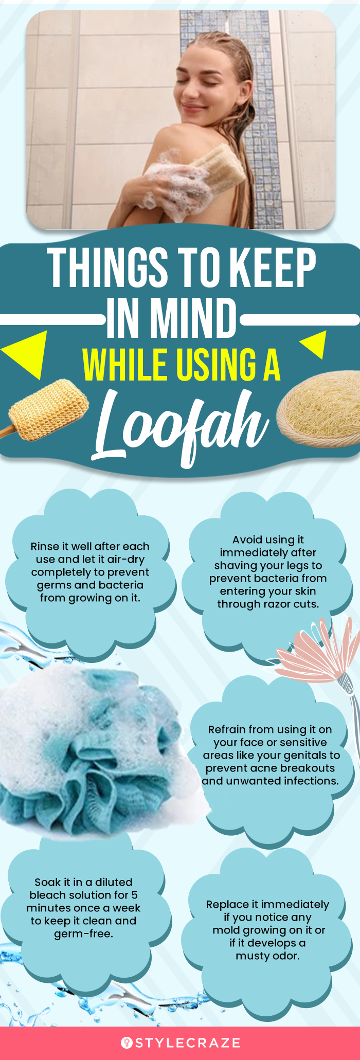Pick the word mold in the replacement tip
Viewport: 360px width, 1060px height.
point(225,930)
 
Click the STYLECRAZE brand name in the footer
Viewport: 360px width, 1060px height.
point(188,1043)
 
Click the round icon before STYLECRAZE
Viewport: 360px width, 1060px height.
point(127,1043)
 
